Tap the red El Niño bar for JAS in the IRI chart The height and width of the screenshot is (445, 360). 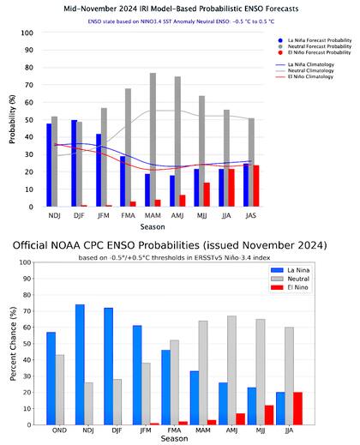pos(256,186)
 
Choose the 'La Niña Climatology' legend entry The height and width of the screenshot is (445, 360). pos(307,63)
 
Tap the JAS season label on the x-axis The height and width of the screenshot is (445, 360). pos(251,218)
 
